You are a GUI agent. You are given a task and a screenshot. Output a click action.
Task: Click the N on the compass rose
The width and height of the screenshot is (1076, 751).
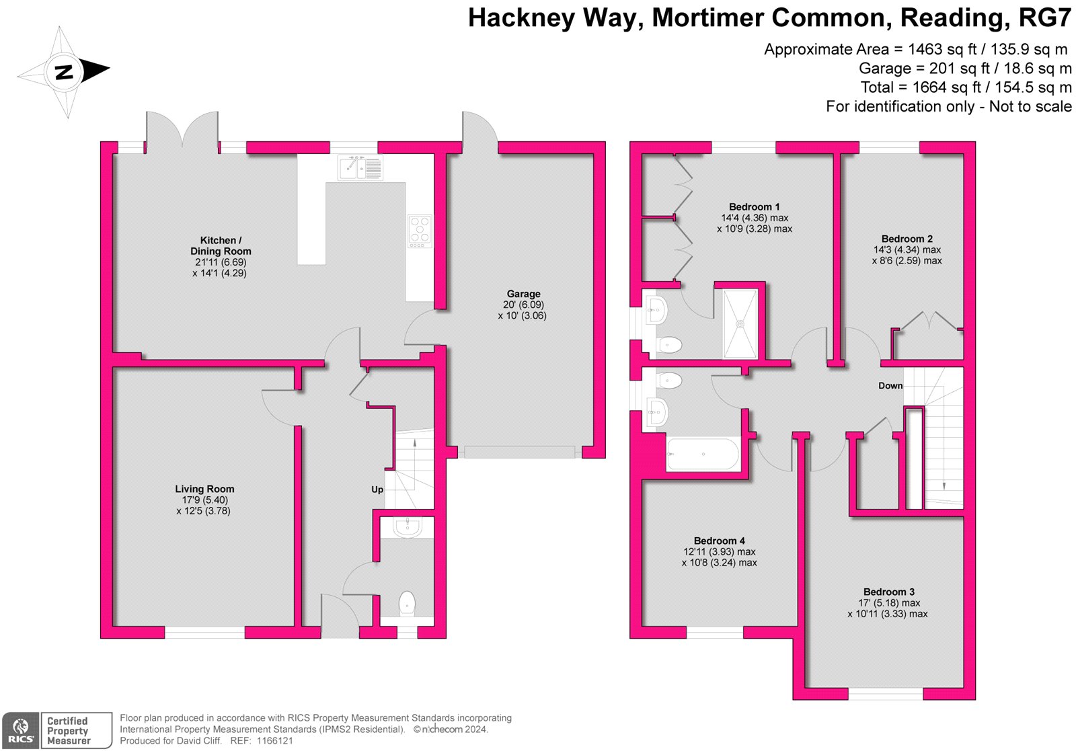tap(63, 73)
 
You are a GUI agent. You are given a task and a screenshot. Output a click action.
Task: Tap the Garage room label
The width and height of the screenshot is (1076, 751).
tap(523, 294)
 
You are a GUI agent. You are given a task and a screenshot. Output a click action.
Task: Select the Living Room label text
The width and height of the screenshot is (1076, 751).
tap(204, 489)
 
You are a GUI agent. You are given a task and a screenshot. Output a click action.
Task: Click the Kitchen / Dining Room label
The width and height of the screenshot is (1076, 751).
tap(221, 245)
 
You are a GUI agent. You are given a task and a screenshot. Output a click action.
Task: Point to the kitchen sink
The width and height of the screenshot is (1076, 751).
tap(360, 167)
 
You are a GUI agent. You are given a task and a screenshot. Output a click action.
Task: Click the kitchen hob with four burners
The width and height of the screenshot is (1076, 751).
tap(420, 231)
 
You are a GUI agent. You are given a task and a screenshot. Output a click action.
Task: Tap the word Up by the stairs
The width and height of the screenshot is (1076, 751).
tap(377, 489)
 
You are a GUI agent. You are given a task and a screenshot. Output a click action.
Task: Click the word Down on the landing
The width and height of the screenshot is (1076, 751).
tap(890, 385)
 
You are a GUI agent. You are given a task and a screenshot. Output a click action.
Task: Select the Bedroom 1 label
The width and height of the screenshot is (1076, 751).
tap(754, 207)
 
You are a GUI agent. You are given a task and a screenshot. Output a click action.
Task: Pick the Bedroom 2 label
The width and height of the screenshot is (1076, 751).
tap(907, 239)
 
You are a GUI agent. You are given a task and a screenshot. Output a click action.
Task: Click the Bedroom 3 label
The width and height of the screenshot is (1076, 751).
tap(888, 592)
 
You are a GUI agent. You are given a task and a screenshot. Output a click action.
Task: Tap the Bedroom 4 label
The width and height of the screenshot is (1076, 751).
tap(719, 541)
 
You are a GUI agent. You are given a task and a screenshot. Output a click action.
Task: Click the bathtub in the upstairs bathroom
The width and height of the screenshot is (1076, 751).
tap(703, 454)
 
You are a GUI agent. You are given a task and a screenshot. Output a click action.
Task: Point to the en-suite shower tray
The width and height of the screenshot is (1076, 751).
tap(740, 324)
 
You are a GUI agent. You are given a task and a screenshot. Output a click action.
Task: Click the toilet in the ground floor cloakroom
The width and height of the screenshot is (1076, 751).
tap(407, 604)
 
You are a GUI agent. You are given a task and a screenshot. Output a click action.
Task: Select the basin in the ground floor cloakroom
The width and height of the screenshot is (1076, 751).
tap(408, 526)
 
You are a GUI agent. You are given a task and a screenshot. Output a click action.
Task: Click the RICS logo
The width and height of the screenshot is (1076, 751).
tap(21, 731)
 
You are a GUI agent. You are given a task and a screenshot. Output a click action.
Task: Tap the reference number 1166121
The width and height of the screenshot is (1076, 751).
tap(275, 740)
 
